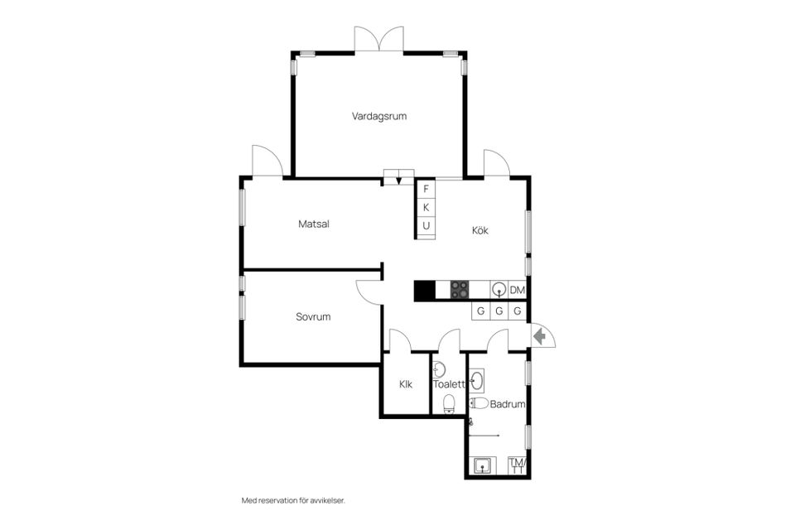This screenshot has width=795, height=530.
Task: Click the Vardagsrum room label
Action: [379, 116]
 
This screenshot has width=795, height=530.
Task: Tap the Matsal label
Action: [314, 224]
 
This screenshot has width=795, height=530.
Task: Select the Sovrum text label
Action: [313, 316]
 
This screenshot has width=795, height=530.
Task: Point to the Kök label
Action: [480, 230]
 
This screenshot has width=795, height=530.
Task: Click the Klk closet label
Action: [406, 384]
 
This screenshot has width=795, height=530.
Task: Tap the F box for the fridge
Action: [426, 189]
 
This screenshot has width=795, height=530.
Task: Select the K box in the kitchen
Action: [426, 207]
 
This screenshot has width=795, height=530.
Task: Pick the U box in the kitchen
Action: [426, 226]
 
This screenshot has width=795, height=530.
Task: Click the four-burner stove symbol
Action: [460, 290]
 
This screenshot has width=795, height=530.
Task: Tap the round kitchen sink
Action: [499, 290]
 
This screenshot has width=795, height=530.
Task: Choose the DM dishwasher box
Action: [517, 290]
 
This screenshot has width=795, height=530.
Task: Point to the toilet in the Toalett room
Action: [449, 404]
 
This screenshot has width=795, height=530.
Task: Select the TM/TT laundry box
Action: [518, 465]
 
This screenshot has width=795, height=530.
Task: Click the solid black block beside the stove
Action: [425, 290]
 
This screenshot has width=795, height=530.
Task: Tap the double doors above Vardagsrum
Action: [378, 39]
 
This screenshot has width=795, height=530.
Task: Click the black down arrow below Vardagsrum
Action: [399, 181]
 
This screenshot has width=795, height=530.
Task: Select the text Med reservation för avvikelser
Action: [293, 500]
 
